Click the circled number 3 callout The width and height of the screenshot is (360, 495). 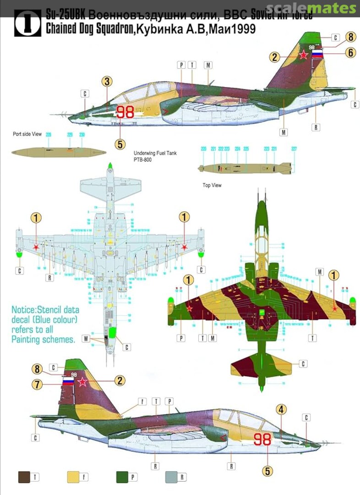107,82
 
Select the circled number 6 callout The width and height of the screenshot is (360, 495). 350,53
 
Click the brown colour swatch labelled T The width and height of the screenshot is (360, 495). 24,477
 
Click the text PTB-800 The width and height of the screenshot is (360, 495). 142,160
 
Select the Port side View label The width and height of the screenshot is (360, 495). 27,134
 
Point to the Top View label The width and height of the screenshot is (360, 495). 212,185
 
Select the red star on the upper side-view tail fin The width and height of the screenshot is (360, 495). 303,55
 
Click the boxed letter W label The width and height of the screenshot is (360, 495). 85,339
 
